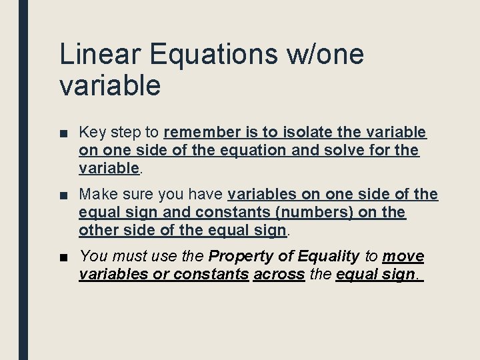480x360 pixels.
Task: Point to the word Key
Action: click(91, 132)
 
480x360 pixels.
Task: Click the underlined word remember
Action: click(200, 132)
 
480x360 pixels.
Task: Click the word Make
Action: click(97, 195)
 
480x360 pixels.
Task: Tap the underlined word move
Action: click(403, 257)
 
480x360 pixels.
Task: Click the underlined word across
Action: click(279, 275)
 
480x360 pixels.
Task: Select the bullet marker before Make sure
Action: click(63, 195)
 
